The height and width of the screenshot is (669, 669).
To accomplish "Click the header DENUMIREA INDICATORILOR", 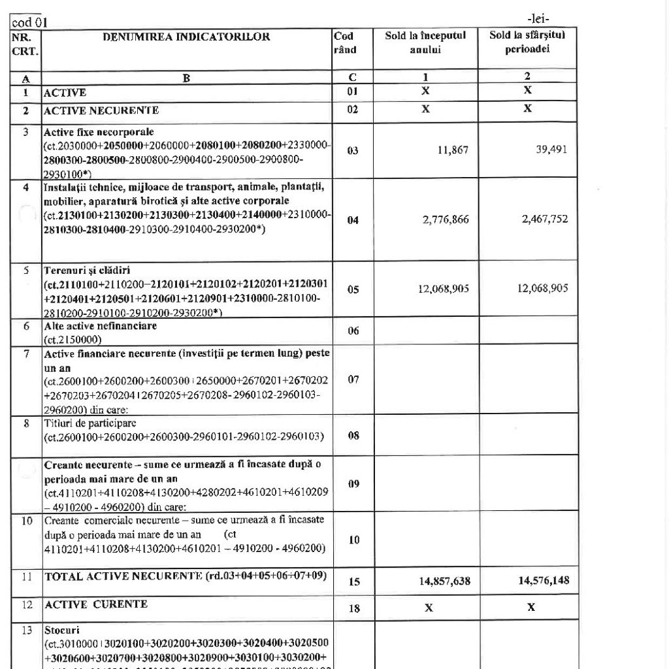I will click(186, 37).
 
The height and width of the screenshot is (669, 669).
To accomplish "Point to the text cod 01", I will click(25, 23).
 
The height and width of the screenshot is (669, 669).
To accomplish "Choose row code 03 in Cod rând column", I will click(353, 150).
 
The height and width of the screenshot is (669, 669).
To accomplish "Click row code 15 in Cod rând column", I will click(353, 580).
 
